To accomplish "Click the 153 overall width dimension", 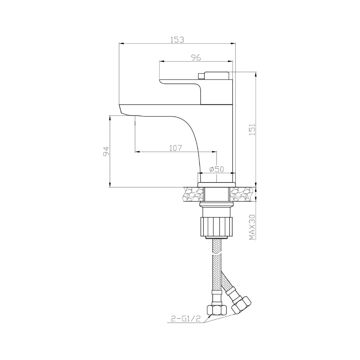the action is click(x=177, y=40).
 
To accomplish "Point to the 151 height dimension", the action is click(x=252, y=129).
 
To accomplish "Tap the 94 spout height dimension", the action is click(x=106, y=152).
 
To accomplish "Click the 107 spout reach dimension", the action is click(x=176, y=148).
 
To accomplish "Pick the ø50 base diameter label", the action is click(x=216, y=169).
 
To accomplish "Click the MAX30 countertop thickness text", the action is click(x=252, y=227).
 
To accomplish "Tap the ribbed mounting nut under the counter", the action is click(x=216, y=226).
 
